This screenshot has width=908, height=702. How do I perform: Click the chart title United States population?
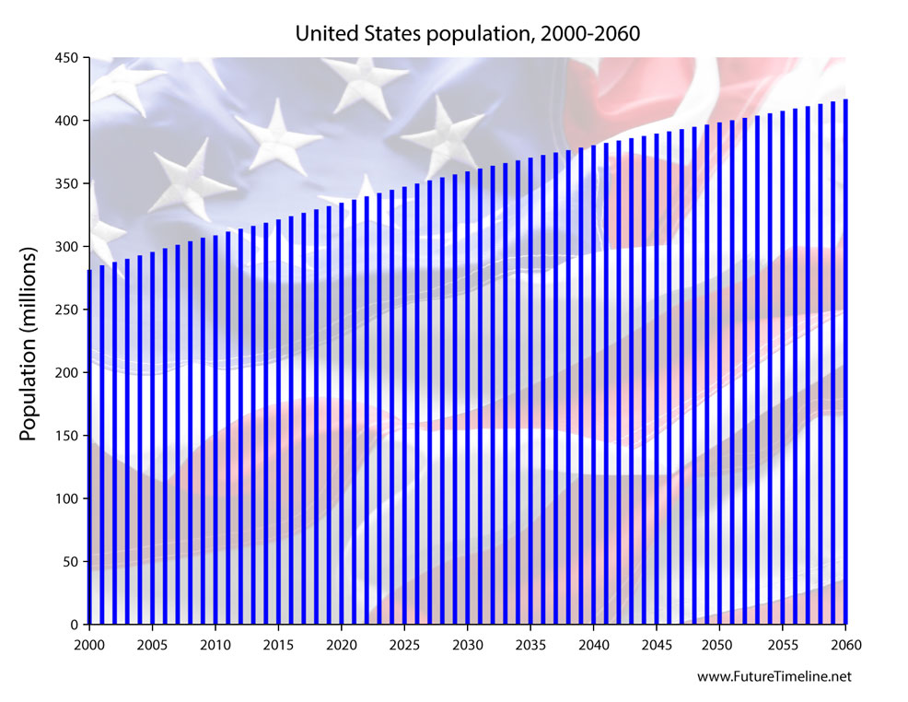(467, 34)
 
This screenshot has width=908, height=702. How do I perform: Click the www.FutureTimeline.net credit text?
(774, 676)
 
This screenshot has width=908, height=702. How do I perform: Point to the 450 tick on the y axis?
(68, 58)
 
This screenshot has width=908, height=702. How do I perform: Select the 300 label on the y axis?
(68, 247)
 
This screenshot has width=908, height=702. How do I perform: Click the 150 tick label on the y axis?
(68, 436)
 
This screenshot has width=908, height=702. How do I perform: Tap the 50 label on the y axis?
(72, 562)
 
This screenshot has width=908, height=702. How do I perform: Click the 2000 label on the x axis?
(89, 643)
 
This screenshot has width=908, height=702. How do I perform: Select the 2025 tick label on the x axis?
(404, 643)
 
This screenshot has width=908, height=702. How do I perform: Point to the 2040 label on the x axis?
(593, 643)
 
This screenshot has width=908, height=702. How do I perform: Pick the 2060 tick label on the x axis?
(845, 643)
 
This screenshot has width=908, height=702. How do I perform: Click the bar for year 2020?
(342, 414)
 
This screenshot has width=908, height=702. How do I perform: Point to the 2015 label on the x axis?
(278, 643)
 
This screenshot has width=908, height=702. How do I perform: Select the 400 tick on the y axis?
(68, 121)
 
